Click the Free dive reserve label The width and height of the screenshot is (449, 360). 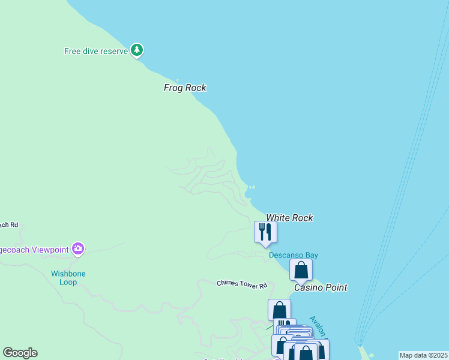pos(96,51)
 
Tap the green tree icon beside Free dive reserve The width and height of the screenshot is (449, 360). pos(137,50)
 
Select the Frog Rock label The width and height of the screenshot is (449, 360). pos(185,88)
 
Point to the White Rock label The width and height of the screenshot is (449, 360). pos(289,218)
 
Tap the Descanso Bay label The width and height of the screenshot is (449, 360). pos(294,255)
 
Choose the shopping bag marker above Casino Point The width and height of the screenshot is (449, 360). pos(301,270)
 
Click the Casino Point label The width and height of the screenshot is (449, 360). pos(321,287)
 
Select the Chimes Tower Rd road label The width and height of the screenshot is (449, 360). pos(242,284)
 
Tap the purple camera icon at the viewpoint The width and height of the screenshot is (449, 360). pos(77,248)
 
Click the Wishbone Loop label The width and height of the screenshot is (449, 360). pos(68,278)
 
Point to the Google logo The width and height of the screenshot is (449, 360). pos(20,353)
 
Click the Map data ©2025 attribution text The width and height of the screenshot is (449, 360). pos(423,355)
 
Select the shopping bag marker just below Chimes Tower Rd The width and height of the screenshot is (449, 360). pos(279,310)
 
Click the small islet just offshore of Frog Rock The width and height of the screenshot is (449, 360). pos(177,79)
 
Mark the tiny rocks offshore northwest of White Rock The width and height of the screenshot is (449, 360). pos(252,187)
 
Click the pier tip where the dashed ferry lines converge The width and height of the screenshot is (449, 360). pos(360,345)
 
